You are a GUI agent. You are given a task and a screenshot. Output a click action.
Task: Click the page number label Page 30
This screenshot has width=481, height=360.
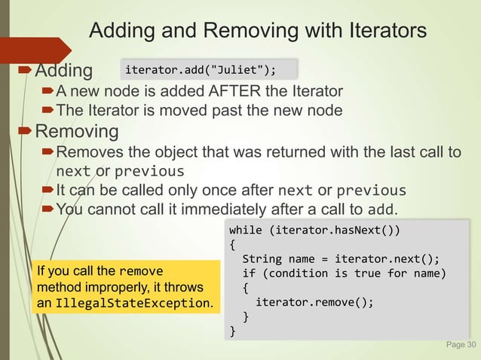[461, 346]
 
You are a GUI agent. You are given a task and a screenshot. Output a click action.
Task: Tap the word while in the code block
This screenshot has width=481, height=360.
[246, 229]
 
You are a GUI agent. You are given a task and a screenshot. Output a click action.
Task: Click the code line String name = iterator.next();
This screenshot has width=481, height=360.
[341, 258]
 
